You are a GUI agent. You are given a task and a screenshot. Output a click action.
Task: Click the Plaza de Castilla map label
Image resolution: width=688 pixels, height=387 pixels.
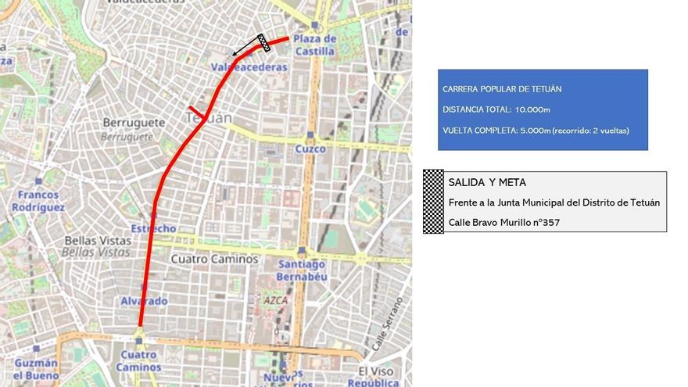(314, 45)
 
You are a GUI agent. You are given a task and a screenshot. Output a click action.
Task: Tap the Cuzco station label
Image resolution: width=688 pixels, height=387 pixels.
(310, 149)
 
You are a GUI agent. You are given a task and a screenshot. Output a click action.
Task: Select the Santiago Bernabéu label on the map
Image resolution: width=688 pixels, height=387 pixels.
(301, 270)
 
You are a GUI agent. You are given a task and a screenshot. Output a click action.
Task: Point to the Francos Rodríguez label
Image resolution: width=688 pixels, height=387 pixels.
(38, 201)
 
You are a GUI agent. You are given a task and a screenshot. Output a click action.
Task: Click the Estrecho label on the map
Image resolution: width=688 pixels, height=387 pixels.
(153, 228)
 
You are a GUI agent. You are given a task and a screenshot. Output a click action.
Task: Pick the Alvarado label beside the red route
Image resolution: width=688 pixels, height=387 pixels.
(144, 301)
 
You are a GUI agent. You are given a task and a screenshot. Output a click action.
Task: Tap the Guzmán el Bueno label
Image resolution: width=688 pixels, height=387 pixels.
(36, 369)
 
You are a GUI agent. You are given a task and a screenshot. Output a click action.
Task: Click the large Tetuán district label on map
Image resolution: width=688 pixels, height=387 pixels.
(210, 118)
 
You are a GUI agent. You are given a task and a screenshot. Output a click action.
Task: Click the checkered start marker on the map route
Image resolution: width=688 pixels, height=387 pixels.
(264, 43)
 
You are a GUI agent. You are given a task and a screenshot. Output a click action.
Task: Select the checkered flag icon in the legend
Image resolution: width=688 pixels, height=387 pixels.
(433, 202)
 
